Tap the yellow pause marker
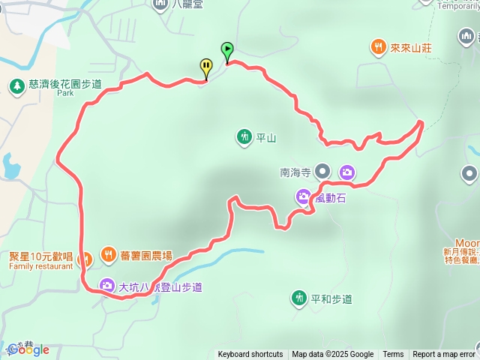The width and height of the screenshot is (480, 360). pos(205,67)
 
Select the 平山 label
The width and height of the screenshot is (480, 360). pos(266,137)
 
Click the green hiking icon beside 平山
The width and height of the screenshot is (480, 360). pos(244,136)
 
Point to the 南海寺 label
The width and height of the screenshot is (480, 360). pos(295,172)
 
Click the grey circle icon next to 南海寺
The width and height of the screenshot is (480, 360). pos(323,172)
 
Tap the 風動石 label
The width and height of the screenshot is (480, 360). pos(329,197)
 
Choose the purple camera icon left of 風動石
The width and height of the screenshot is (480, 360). pos(303,197)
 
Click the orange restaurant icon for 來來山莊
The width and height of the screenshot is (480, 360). pos(377,47)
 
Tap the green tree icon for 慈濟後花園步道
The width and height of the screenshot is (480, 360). pos(16,86)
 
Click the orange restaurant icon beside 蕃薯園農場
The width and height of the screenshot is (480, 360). pos(108,254)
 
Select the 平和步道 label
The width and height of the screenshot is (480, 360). pos(331,298)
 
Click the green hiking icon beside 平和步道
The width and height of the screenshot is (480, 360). pos(299,298)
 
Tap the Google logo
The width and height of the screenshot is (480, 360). pos(28,349)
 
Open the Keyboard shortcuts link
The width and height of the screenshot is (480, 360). pos(250,355)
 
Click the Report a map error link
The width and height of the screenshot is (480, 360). pos(444,355)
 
